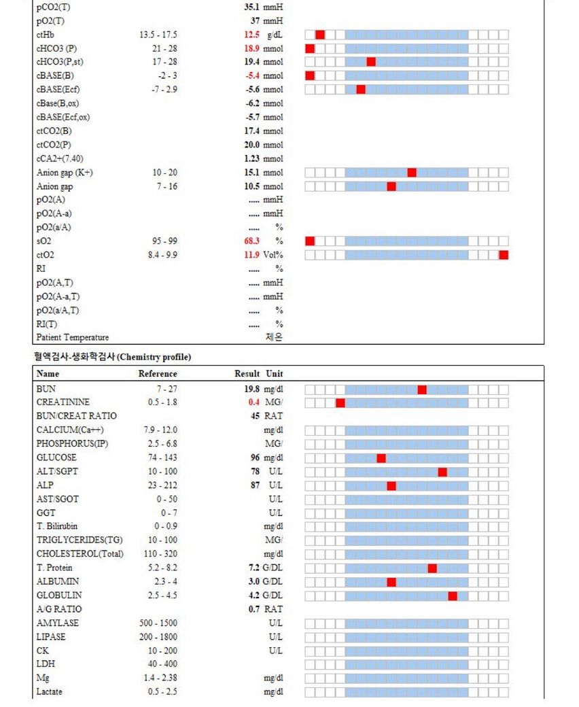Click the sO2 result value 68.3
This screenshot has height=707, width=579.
pyautogui.click(x=252, y=241)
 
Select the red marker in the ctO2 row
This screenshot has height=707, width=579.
pyautogui.click(x=504, y=255)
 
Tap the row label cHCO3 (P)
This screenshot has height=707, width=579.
pyautogui.click(x=56, y=48)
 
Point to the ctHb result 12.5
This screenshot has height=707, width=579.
pyautogui.click(x=252, y=35)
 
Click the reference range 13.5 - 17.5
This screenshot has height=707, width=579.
pyautogui.click(x=158, y=35)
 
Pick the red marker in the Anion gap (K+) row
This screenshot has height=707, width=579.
pyautogui.click(x=412, y=173)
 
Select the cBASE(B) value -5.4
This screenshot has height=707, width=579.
pyautogui.click(x=252, y=75)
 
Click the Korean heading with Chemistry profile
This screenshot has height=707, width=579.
pyautogui.click(x=112, y=357)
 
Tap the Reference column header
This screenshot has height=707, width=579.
pyautogui.click(x=158, y=374)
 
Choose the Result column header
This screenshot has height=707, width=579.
pyautogui.click(x=247, y=374)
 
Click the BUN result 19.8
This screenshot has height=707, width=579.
pyautogui.click(x=251, y=389)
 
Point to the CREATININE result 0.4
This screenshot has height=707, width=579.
pyautogui.click(x=253, y=402)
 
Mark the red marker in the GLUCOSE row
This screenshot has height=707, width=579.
pyautogui.click(x=381, y=458)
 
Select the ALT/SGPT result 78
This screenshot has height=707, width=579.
pyautogui.click(x=255, y=472)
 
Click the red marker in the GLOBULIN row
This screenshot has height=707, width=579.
pyautogui.click(x=453, y=596)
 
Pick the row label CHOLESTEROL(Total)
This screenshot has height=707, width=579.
pyautogui.click(x=80, y=554)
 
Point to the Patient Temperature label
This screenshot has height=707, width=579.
pyautogui.click(x=72, y=338)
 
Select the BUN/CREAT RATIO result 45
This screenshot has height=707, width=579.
pyautogui.click(x=255, y=416)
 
